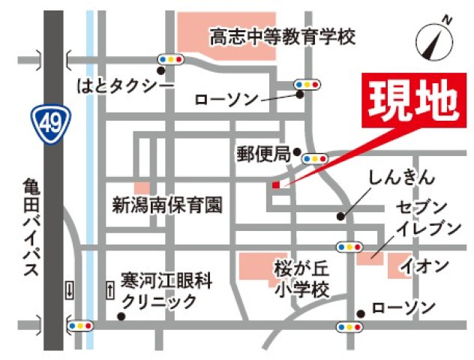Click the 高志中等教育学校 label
281,35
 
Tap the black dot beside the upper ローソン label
299,94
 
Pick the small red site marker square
275,184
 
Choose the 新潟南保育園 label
168,204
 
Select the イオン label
424,265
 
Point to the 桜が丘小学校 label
301,277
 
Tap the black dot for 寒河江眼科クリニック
121,316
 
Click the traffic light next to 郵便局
315,159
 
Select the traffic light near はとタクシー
170,58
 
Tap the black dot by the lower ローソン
361,313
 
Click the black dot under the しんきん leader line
340,216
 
